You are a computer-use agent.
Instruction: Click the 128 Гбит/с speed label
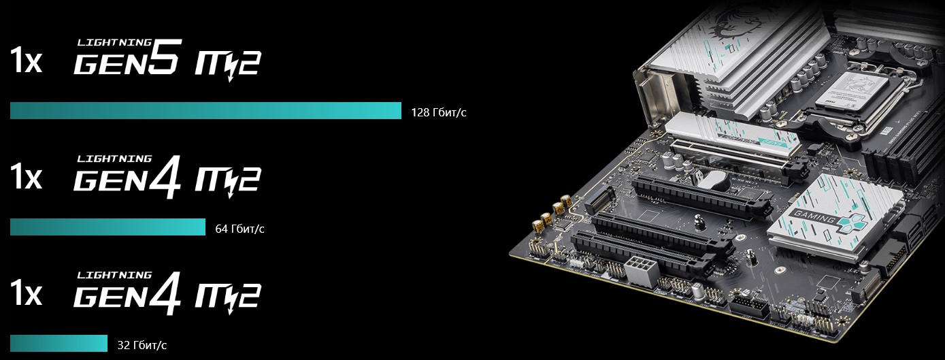click(x=439, y=113)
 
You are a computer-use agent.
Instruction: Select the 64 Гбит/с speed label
click(x=239, y=229)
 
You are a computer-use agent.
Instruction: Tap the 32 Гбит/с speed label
click(x=142, y=345)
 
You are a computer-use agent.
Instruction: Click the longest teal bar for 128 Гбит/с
click(x=205, y=110)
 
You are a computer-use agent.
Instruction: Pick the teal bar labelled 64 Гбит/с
click(x=107, y=227)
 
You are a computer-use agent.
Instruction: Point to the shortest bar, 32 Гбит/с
click(x=59, y=343)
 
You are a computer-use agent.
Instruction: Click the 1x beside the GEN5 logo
click(x=26, y=61)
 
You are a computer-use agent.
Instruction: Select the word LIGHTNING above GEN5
click(x=114, y=42)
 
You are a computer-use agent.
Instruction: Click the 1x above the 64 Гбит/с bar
click(x=26, y=177)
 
